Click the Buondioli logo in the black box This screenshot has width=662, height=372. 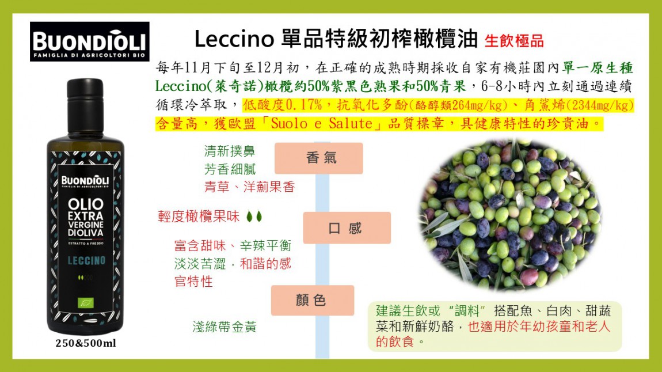90,41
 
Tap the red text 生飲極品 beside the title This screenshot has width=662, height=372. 514,41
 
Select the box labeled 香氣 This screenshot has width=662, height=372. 318,158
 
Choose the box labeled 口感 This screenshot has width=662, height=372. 347,228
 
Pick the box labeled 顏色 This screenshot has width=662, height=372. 312,300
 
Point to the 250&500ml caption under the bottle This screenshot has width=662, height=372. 86,344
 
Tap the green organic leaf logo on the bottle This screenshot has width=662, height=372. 85,302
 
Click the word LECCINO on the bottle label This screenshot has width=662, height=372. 86,260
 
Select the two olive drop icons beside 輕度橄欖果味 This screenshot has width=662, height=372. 254,217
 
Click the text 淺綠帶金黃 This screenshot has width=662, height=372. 224,327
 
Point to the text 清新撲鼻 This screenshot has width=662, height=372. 229,151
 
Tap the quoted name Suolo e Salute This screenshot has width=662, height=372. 322,123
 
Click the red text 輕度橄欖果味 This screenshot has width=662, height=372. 198,217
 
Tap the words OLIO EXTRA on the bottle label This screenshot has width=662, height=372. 85,210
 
